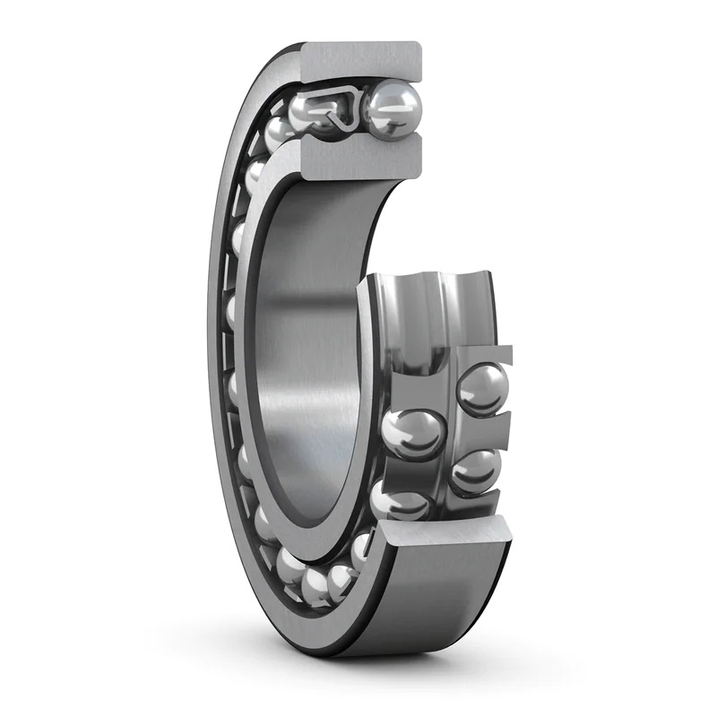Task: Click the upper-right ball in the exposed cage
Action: [482, 389]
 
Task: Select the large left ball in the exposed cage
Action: [413, 434]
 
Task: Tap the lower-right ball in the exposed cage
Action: [475, 470]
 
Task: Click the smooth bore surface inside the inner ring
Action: [305, 358]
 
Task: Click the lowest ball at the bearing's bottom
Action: [315, 586]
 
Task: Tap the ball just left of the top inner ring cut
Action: [280, 134]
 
